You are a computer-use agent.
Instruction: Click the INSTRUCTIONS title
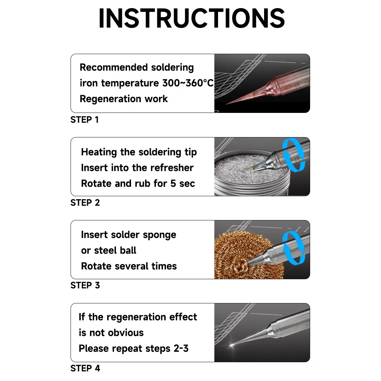[x=192, y=18]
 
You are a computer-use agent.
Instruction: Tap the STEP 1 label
[x=84, y=120]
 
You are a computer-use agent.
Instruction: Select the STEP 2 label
[x=85, y=203]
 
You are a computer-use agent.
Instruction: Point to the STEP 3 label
[x=85, y=286]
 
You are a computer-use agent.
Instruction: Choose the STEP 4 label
[x=85, y=369]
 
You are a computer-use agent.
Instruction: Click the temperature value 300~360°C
[x=188, y=83]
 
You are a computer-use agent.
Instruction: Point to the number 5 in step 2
[x=173, y=183]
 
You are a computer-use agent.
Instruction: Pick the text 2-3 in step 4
[x=181, y=349]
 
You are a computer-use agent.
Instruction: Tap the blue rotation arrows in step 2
[x=294, y=155]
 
